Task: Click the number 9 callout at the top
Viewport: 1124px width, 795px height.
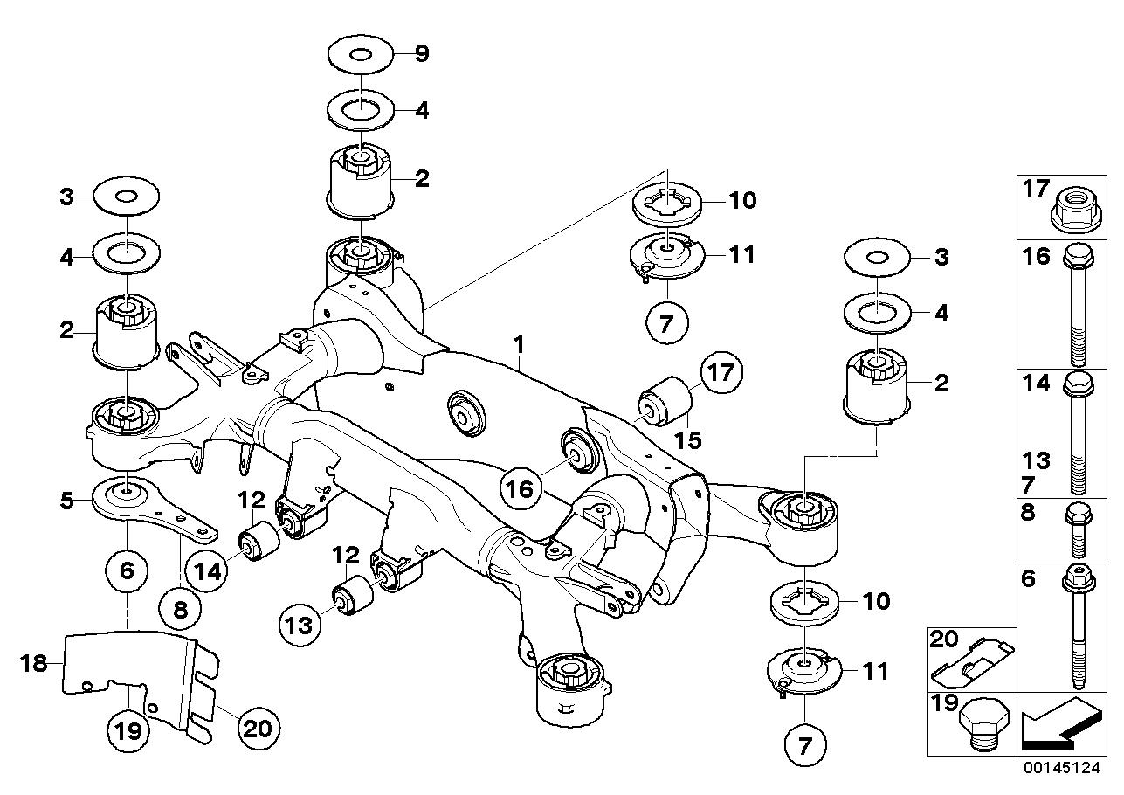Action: pyautogui.click(x=421, y=54)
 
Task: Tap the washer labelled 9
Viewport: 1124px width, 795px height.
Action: pyautogui.click(x=362, y=55)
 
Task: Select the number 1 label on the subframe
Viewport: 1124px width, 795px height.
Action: pyautogui.click(x=519, y=345)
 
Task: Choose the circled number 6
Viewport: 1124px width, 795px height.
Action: pyautogui.click(x=127, y=571)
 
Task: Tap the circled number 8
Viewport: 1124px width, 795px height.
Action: pyautogui.click(x=180, y=610)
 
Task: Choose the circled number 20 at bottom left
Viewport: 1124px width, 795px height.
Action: pyautogui.click(x=255, y=725)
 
